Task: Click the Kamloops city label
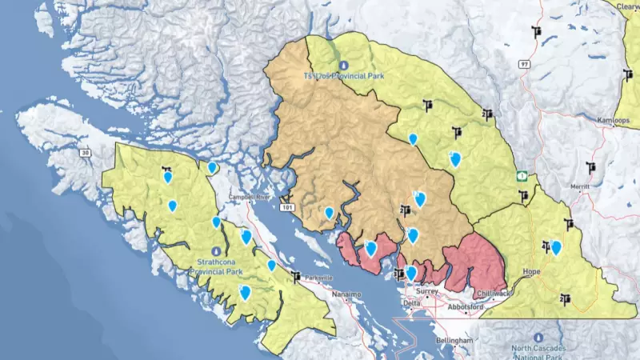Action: click(x=614, y=121)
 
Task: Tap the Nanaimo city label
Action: click(x=346, y=294)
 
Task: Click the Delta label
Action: click(x=411, y=304)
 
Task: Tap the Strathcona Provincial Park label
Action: click(x=216, y=266)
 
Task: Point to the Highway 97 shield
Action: click(x=525, y=63)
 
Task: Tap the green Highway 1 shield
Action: click(x=521, y=174)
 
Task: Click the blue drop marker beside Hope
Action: click(x=556, y=248)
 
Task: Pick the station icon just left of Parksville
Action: click(x=298, y=277)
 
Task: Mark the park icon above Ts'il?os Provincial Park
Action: click(x=344, y=65)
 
